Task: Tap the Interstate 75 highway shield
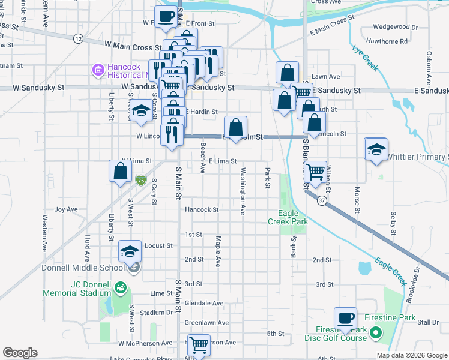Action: click(x=140, y=179)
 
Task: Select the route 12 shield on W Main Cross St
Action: click(x=78, y=38)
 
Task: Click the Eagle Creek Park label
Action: click(x=292, y=217)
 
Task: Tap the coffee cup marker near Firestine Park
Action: click(x=346, y=318)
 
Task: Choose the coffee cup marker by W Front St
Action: click(x=166, y=16)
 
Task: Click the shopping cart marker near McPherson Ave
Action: click(x=199, y=345)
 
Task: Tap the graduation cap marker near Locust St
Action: click(x=129, y=252)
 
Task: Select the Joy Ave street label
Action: click(x=67, y=209)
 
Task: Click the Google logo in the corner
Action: click(x=20, y=353)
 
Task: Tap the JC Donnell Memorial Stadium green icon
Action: click(x=120, y=289)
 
